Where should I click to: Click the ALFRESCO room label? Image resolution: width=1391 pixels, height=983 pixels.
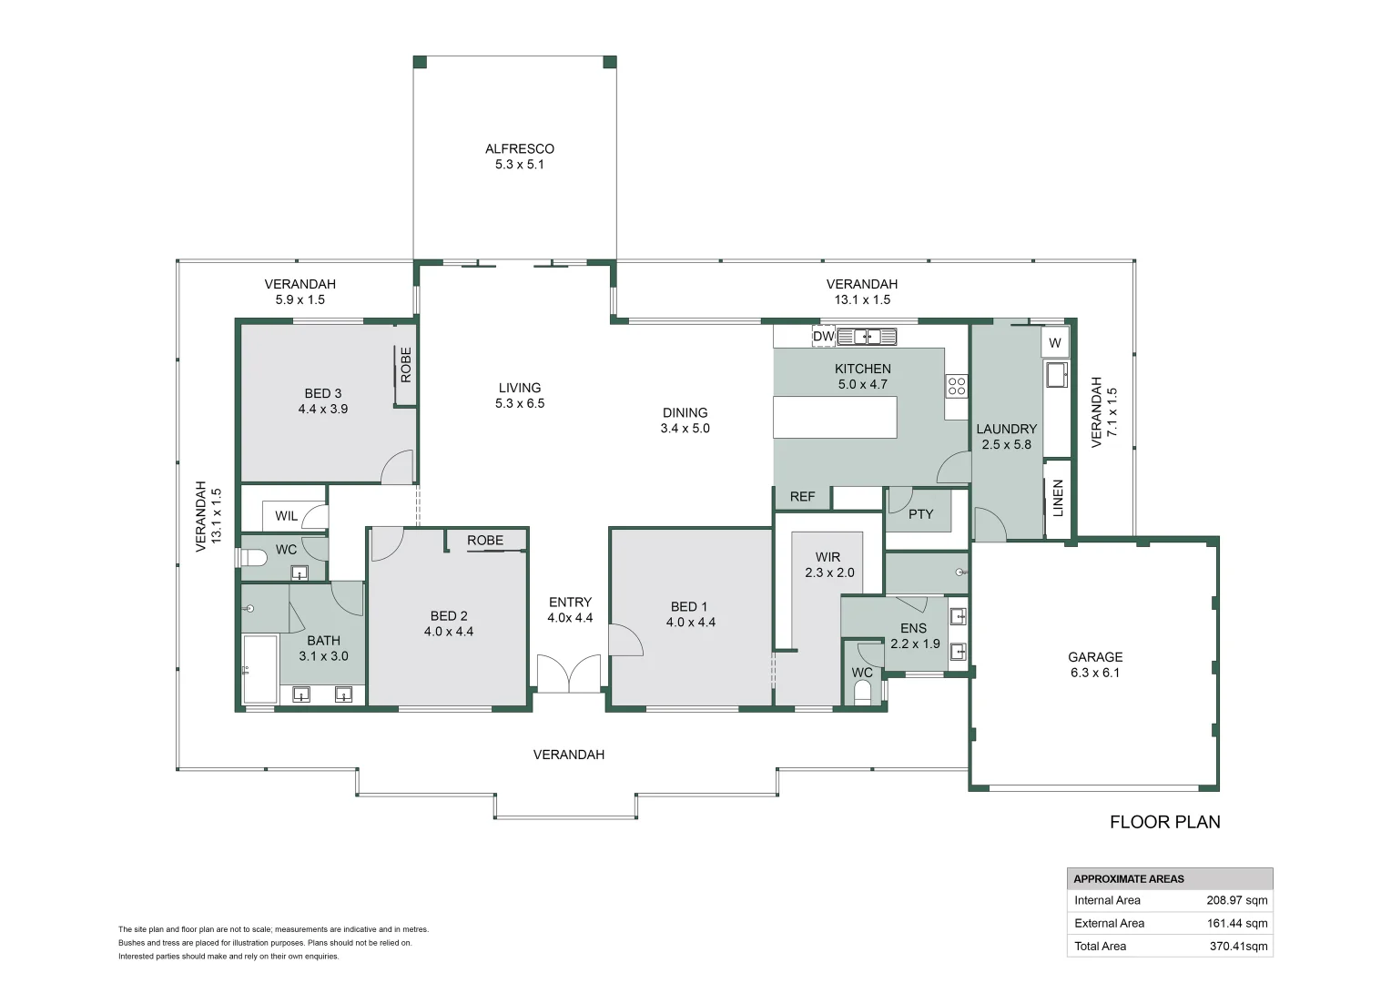click(x=519, y=149)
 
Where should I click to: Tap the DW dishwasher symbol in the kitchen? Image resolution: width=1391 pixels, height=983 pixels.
click(x=824, y=337)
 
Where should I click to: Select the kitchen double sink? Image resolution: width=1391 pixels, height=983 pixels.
click(x=867, y=337)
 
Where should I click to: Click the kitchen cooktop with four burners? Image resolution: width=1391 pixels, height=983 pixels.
click(x=956, y=386)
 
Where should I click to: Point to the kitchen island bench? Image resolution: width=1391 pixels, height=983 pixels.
click(x=835, y=417)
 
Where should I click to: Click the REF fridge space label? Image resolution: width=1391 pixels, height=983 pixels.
click(x=802, y=497)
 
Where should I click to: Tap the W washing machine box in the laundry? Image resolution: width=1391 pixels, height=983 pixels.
click(x=1055, y=343)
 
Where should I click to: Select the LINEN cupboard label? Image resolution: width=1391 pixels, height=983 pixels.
click(x=1058, y=498)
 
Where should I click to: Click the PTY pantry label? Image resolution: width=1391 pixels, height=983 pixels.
click(x=920, y=514)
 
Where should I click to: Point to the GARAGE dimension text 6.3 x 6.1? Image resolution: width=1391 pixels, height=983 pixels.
click(x=1095, y=673)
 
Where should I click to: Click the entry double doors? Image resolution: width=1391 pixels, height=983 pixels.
click(x=569, y=674)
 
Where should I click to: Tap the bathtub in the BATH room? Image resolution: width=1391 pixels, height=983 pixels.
click(x=260, y=669)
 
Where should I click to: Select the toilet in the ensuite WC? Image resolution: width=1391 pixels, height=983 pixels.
click(x=862, y=694)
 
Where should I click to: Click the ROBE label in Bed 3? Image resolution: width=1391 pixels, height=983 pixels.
click(x=405, y=365)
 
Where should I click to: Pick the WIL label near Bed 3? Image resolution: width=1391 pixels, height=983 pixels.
click(x=286, y=516)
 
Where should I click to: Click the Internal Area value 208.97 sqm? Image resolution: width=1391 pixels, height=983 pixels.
click(x=1237, y=900)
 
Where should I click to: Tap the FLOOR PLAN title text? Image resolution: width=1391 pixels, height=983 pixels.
click(x=1165, y=822)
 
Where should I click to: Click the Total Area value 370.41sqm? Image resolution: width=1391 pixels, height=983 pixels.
click(x=1238, y=947)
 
